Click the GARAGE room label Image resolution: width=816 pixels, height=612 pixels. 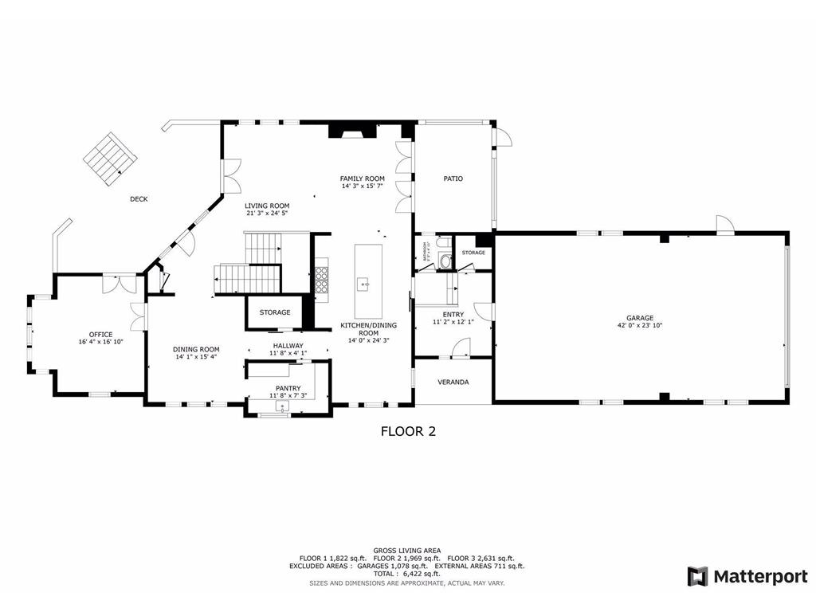pos(640,317)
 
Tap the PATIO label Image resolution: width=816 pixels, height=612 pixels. pos(453,178)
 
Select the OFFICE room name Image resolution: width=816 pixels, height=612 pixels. pos(100,334)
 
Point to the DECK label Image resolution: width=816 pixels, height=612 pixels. pos(139,199)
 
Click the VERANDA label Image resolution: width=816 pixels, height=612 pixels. pos(453,382)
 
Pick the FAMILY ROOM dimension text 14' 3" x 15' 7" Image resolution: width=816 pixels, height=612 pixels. pos(363,186)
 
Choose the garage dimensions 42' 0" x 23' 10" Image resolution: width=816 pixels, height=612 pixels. pos(640,325)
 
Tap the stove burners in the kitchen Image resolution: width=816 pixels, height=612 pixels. pos(323,280)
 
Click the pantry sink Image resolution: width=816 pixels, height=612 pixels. pos(281,406)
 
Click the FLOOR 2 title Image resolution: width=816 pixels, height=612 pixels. pos(407,432)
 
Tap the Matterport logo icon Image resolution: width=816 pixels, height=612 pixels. pos(697,576)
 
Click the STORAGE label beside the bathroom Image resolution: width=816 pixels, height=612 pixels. pos(473,253)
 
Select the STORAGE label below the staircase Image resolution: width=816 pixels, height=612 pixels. pos(274,312)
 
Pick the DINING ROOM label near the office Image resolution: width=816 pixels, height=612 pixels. pos(196,349)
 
